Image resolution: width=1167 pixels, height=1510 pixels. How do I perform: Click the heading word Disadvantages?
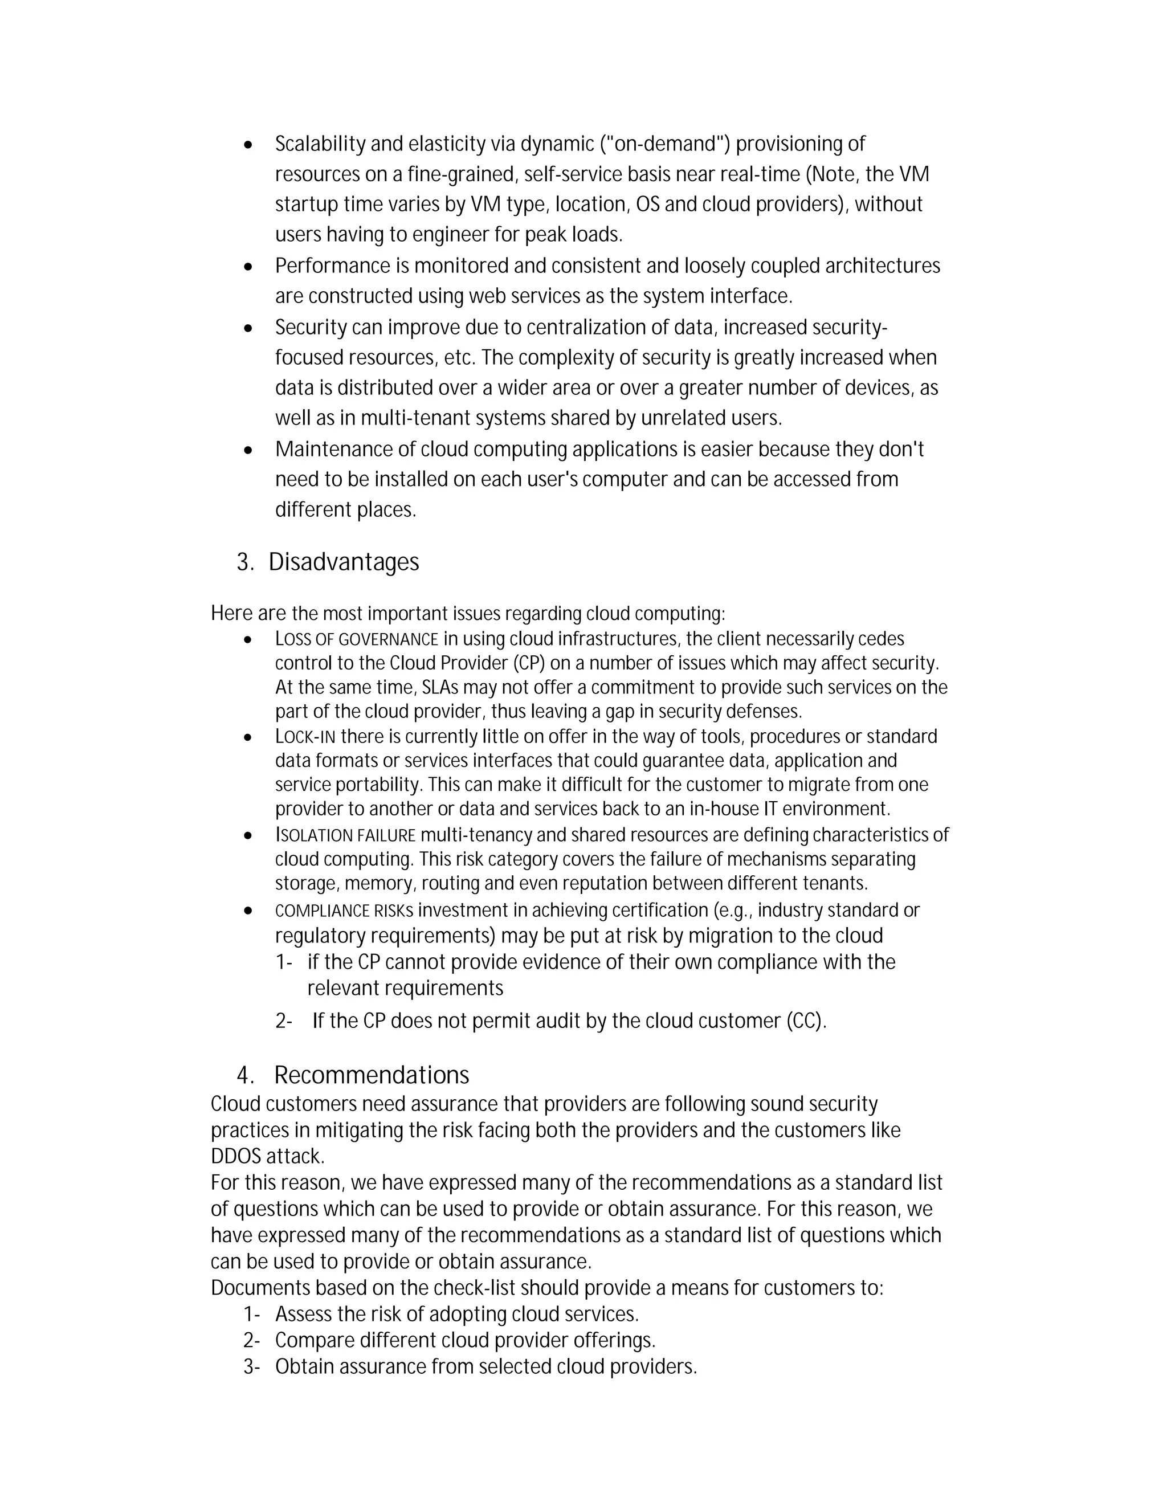pyautogui.click(x=344, y=562)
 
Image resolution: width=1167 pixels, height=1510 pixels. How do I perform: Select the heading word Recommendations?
pyautogui.click(x=372, y=1075)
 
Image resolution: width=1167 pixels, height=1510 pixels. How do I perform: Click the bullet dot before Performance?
pyautogui.click(x=249, y=266)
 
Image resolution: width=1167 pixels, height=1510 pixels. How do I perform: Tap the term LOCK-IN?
pyautogui.click(x=305, y=736)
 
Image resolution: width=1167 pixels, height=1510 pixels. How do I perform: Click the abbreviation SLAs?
pyautogui.click(x=440, y=688)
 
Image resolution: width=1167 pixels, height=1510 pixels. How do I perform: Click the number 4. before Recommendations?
pyautogui.click(x=246, y=1075)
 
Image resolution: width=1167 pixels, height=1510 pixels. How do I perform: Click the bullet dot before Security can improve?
pyautogui.click(x=249, y=328)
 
